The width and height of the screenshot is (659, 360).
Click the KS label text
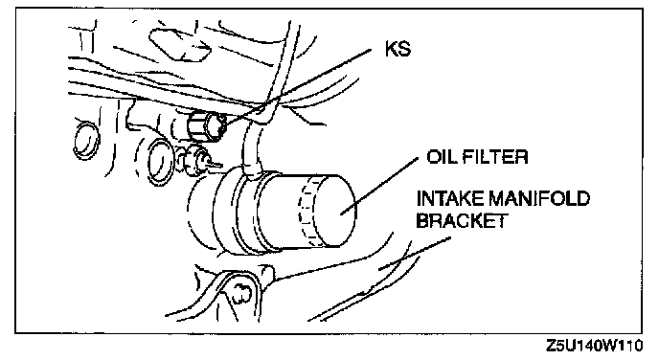coord(398,49)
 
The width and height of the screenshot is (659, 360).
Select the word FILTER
coord(495,157)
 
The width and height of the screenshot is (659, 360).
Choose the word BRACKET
coord(463,220)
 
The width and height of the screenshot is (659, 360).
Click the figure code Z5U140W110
coord(595,346)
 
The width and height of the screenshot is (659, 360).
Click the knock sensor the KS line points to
coord(206,127)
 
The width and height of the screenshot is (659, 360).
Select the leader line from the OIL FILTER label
coord(379,186)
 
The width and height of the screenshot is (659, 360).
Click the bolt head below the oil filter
coord(240,292)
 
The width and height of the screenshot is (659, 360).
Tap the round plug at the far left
coord(86,140)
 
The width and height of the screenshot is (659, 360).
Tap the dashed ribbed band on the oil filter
coord(307,210)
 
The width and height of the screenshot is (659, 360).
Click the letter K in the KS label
coord(392,49)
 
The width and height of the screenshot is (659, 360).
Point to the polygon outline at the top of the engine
coord(178,44)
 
